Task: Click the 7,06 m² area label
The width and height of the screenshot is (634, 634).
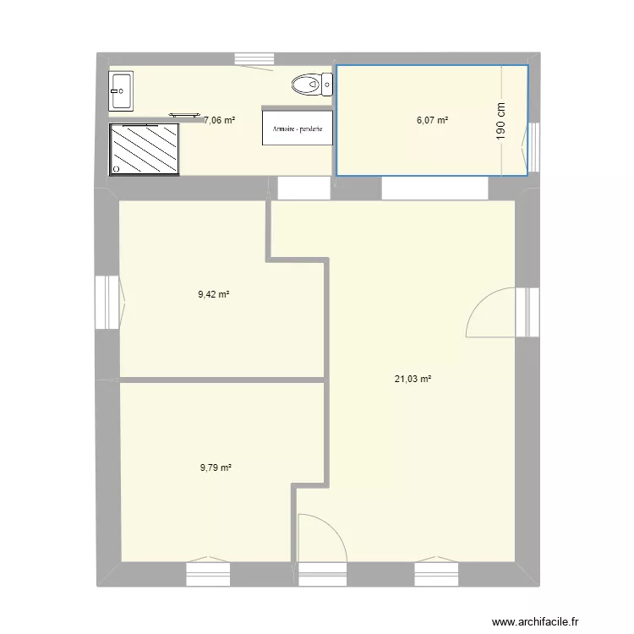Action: click(x=220, y=120)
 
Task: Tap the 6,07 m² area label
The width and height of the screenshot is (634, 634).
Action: click(x=432, y=120)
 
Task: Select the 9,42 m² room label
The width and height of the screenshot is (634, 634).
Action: click(x=215, y=295)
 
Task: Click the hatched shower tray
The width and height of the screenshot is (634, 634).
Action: click(x=145, y=150)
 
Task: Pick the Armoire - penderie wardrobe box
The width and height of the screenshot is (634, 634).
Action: click(x=298, y=128)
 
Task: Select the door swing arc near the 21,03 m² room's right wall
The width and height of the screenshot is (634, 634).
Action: click(x=488, y=311)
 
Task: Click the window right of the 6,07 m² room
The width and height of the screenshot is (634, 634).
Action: click(x=533, y=147)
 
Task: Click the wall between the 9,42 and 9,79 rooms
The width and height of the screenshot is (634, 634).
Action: click(x=222, y=380)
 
